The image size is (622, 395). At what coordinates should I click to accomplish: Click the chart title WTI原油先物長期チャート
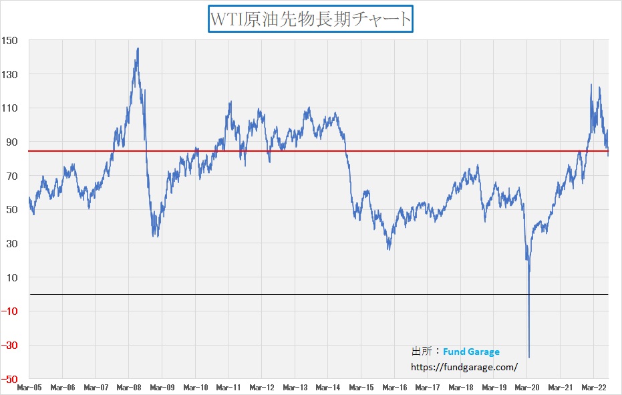coord(311,19)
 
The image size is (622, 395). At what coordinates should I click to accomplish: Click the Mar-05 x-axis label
coord(29,387)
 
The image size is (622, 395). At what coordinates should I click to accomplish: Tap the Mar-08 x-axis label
coord(129,387)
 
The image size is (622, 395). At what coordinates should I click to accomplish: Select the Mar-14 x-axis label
coord(328,387)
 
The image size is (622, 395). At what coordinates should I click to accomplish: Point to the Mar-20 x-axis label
coord(527,387)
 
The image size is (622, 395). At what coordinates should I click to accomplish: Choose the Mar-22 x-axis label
coord(593,387)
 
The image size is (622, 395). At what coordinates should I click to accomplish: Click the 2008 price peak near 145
coord(138,49)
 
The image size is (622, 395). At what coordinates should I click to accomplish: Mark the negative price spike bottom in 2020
coord(529,358)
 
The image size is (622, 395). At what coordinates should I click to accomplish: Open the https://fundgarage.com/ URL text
coord(464,366)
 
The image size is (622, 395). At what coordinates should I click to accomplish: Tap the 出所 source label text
coord(421,352)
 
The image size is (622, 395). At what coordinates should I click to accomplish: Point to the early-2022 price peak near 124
coord(591,85)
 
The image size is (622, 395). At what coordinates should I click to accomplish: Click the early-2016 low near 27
coord(389,249)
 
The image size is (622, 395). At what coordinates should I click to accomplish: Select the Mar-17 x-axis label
coord(428,387)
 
